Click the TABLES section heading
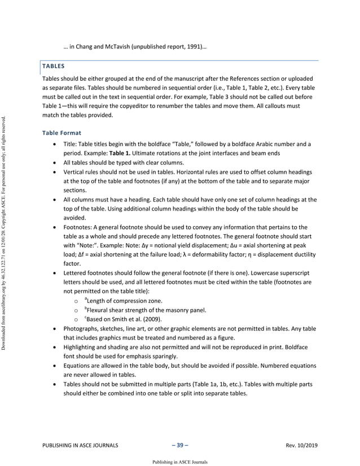pos(53,66)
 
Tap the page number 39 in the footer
pos(179,445)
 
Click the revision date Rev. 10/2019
pos(302,445)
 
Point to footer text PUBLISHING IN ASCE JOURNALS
pos(80,445)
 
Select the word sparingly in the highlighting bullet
pos(160,357)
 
